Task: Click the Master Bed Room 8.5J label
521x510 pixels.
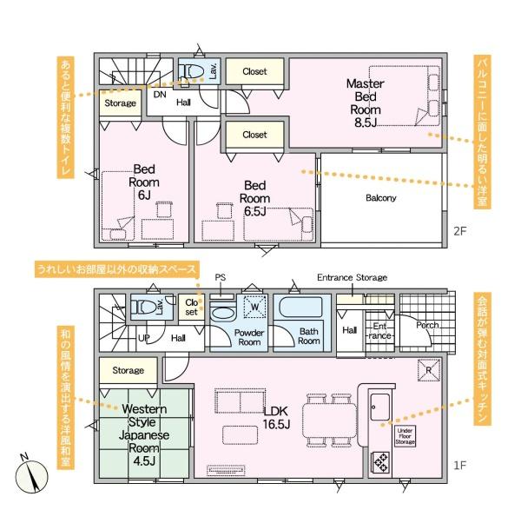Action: tap(366, 103)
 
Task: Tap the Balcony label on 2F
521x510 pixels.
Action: tap(381, 198)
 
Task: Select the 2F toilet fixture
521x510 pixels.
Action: tap(191, 71)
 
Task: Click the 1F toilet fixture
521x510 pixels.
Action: tap(143, 307)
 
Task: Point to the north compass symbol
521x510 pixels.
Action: tap(31, 476)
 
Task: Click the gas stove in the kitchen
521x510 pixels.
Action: tap(381, 461)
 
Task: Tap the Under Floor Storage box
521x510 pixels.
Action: tap(405, 436)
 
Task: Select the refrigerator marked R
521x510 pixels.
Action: tap(429, 370)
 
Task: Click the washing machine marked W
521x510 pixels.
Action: tap(254, 306)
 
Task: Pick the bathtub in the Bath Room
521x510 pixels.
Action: tap(300, 307)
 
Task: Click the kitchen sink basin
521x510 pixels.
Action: tap(379, 407)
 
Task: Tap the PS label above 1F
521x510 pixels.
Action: tap(220, 277)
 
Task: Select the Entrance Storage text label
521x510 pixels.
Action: tap(352, 277)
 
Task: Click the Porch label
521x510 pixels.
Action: tap(427, 325)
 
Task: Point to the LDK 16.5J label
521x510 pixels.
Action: tap(276, 417)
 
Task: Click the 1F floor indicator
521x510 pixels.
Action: tap(460, 465)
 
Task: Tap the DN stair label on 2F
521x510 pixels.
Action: tap(160, 95)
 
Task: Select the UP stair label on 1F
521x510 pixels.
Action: tap(143, 338)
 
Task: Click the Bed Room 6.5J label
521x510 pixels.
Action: tap(254, 198)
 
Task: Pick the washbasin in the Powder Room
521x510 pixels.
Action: tap(222, 314)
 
